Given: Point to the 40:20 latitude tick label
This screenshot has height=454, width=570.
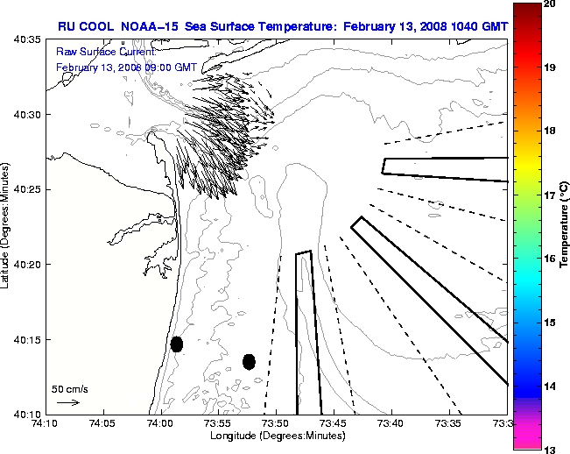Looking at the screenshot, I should click(x=29, y=265).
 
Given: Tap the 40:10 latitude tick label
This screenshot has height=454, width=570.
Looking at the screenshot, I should click(x=29, y=414).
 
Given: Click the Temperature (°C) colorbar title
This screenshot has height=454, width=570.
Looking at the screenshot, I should click(x=565, y=226).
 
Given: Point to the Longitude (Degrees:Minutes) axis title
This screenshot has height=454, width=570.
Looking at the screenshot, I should click(x=276, y=436).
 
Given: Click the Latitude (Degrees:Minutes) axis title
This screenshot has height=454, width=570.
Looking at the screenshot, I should click(x=7, y=226).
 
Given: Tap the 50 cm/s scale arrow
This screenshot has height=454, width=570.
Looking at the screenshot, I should click(x=67, y=402).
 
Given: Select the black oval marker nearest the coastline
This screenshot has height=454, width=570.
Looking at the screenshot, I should click(x=176, y=344).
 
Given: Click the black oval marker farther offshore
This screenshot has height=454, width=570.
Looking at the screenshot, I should click(x=249, y=361).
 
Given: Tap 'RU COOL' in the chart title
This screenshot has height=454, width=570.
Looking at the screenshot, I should click(x=83, y=26).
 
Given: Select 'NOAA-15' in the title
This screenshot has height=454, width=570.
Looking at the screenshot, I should click(x=149, y=26).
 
